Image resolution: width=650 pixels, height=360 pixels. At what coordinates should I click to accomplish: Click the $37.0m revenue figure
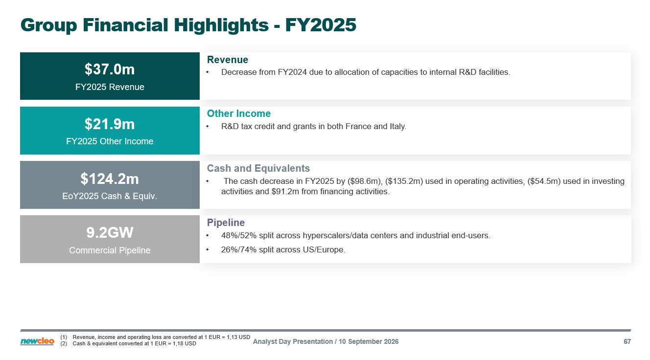pyautogui.click(x=110, y=69)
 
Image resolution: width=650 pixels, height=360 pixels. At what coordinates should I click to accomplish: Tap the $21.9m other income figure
pyautogui.click(x=110, y=124)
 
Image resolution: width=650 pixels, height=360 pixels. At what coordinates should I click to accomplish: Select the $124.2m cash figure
pyautogui.click(x=110, y=179)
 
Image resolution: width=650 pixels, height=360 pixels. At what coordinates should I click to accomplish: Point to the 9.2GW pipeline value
pyautogui.click(x=110, y=233)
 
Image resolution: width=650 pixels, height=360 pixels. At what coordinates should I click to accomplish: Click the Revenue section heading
pyautogui.click(x=228, y=60)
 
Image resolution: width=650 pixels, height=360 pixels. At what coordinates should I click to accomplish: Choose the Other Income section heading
pyautogui.click(x=238, y=113)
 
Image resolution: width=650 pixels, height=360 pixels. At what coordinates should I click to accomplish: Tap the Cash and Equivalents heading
pyautogui.click(x=258, y=168)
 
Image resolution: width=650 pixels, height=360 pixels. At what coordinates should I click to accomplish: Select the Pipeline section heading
pyautogui.click(x=226, y=223)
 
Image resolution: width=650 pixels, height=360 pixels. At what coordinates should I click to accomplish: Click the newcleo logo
pyautogui.click(x=37, y=341)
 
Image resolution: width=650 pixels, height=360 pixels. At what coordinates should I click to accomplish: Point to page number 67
pyautogui.click(x=627, y=342)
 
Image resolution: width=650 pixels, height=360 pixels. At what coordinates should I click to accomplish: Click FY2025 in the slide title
pyautogui.click(x=321, y=25)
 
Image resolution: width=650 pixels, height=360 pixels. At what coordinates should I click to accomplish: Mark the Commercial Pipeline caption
pyautogui.click(x=110, y=250)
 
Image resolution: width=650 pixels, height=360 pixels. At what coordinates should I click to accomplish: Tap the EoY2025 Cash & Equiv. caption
pyautogui.click(x=110, y=196)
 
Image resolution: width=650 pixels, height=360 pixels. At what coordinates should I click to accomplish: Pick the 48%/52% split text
pyautogui.click(x=239, y=236)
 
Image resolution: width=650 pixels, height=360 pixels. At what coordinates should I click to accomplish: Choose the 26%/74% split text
pyautogui.click(x=239, y=250)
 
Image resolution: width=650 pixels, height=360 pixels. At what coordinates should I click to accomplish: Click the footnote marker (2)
pyautogui.click(x=64, y=344)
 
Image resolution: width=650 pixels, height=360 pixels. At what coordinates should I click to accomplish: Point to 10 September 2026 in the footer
pyautogui.click(x=369, y=342)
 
